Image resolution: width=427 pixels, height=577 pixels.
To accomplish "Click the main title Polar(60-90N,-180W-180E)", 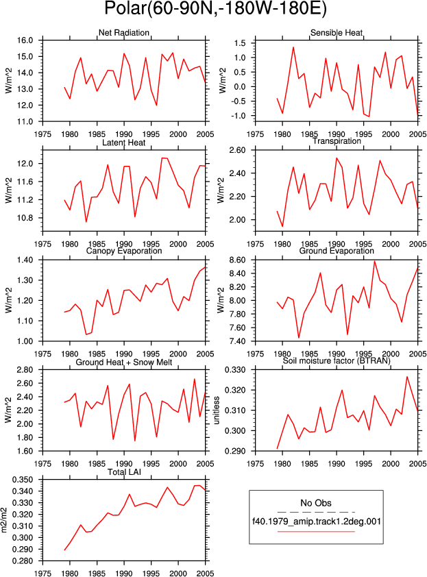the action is [x=215, y=9].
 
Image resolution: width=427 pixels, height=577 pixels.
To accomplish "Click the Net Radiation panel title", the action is [x=123, y=33].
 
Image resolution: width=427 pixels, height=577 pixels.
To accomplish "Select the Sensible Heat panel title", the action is [x=337, y=33].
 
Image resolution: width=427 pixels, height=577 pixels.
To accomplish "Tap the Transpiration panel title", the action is [x=337, y=141].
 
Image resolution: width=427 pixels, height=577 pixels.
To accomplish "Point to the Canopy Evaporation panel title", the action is [x=123, y=251].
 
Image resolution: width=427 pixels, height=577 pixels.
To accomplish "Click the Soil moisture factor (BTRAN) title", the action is [x=337, y=361].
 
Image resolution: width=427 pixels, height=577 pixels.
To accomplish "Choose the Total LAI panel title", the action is [x=124, y=472].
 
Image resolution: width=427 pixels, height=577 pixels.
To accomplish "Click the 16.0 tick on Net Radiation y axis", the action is [x=25, y=40].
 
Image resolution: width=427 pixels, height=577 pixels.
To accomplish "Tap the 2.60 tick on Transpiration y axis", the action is [x=237, y=150].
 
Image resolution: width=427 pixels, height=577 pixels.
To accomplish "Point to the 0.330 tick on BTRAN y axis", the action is [x=235, y=370].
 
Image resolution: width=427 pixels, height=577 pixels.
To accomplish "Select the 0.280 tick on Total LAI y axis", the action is [x=23, y=561].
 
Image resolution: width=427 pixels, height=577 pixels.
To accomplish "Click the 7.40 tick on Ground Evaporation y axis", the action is [x=237, y=341].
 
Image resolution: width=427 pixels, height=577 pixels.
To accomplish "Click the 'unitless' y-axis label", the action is [x=217, y=410].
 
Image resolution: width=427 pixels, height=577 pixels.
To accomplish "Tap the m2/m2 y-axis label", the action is [x=4, y=520].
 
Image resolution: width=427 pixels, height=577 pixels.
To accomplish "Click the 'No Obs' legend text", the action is [x=316, y=503].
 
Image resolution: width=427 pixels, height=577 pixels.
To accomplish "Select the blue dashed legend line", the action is [x=316, y=512].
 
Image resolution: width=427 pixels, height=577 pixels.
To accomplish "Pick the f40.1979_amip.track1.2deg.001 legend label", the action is [x=316, y=521].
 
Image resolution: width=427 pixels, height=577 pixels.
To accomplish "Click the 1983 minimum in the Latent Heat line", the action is [x=86, y=222].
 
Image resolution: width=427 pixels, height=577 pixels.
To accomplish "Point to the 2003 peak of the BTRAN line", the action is [x=406, y=376].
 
